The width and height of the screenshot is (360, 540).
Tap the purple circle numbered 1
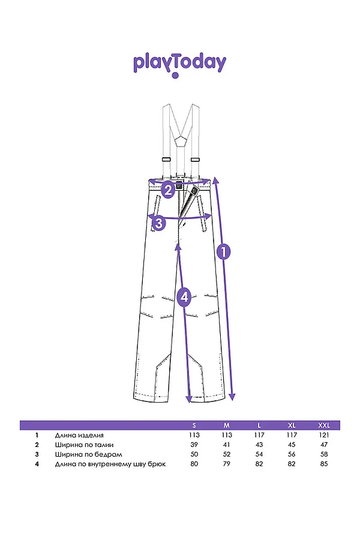click(223, 252)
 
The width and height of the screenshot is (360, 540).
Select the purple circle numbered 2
click(168, 190)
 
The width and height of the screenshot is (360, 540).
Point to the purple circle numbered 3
click(158, 223)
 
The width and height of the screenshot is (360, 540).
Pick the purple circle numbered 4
click(184, 297)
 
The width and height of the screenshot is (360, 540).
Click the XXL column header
click(324, 425)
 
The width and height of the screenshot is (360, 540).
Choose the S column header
click(194, 425)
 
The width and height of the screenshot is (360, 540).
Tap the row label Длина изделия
click(79, 436)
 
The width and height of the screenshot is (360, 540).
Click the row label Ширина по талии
click(84, 445)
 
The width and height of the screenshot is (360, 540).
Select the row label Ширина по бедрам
click(89, 455)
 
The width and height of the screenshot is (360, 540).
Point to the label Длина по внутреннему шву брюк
click(110, 464)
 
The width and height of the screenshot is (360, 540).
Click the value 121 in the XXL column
click(324, 436)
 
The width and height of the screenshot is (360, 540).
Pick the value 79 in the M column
click(227, 464)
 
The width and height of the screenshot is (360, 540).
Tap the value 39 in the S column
click(194, 445)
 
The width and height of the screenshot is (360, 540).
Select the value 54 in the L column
click(259, 455)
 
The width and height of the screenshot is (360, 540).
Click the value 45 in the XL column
click(292, 445)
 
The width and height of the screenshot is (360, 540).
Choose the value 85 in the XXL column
click(324, 464)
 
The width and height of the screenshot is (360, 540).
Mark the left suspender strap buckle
click(167, 160)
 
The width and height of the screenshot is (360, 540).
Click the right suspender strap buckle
click(196, 160)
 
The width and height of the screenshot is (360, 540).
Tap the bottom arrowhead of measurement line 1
click(232, 397)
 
